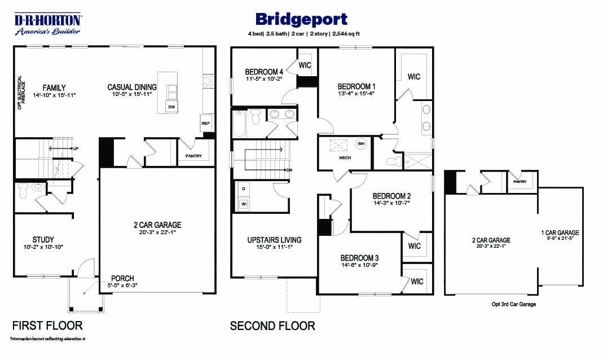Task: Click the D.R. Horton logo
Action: coord(48,24)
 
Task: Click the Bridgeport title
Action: coord(301,20)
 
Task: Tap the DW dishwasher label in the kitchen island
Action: coord(171,107)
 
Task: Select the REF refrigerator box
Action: coord(206,122)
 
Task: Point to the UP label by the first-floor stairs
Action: coord(76,148)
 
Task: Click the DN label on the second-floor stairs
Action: coord(289,170)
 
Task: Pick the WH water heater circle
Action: coord(360,144)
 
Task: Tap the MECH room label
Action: coord(345,157)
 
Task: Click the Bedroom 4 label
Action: coord(264,72)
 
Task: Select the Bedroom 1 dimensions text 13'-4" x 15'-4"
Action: coord(356,93)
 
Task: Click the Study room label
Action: coord(43,240)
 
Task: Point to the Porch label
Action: coord(122,278)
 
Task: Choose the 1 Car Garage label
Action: coord(560,232)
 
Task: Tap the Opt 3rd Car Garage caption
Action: coord(514,304)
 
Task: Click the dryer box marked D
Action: coord(244,189)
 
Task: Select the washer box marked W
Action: coord(244,204)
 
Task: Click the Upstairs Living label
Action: coord(274,240)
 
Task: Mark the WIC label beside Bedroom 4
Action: coord(305,65)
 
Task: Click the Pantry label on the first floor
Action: coord(193,156)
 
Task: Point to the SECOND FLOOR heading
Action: coord(272,326)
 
